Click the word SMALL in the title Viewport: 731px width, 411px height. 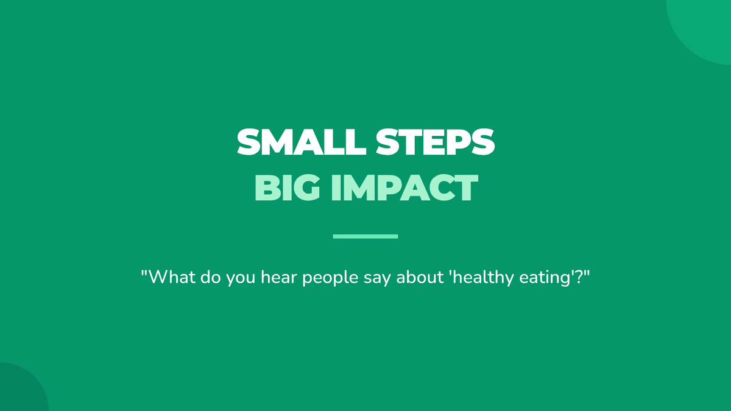point(301,142)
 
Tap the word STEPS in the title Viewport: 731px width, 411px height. point(435,142)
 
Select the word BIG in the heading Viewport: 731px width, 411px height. point(287,188)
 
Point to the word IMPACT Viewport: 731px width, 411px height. point(404,188)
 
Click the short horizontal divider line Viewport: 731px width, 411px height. point(365,236)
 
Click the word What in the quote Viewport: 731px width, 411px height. point(172,277)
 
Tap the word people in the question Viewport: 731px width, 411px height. point(330,278)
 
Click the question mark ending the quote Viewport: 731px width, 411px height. point(579,277)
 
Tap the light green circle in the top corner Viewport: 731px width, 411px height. point(705,26)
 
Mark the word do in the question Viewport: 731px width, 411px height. point(211,277)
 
